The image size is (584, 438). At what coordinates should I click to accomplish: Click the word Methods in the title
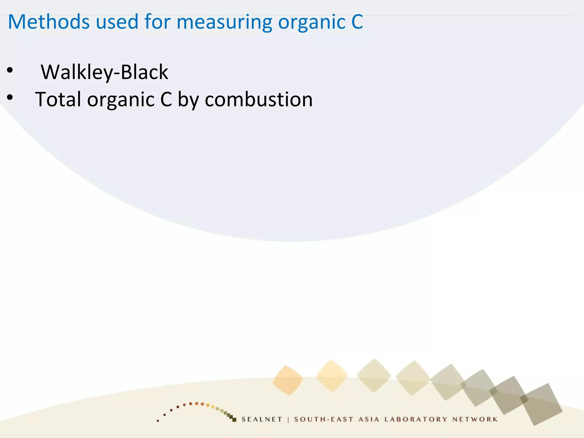pyautogui.click(x=49, y=22)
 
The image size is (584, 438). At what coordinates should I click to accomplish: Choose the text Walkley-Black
pyautogui.click(x=104, y=72)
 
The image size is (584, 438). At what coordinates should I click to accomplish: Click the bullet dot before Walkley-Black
pyautogui.click(x=10, y=70)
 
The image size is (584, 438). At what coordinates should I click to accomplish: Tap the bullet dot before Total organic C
pyautogui.click(x=10, y=98)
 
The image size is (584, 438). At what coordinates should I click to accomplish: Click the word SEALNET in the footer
pyautogui.click(x=262, y=419)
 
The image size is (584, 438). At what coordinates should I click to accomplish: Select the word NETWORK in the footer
pyautogui.click(x=475, y=419)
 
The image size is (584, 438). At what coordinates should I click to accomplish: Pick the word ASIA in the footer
pyautogui.click(x=369, y=419)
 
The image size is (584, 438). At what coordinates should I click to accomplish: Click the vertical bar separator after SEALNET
pyautogui.click(x=288, y=419)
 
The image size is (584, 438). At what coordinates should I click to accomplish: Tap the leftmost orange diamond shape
pyautogui.click(x=288, y=380)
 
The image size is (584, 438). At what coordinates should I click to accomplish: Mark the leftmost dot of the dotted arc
pyautogui.click(x=158, y=421)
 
